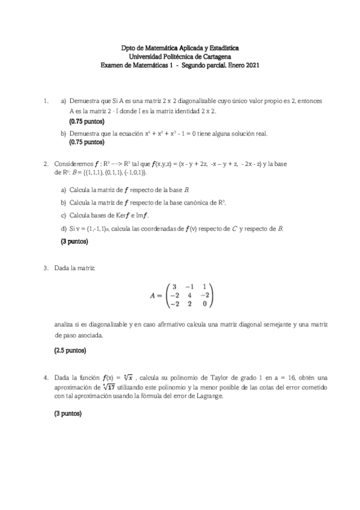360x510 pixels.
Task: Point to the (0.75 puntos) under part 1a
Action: point(87,121)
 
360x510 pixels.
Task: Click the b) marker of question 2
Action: point(63,202)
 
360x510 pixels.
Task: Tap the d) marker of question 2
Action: point(63,229)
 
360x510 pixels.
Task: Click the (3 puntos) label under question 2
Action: point(74,242)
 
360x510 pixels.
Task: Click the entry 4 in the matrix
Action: point(189,295)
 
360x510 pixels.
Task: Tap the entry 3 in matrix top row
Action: point(174,286)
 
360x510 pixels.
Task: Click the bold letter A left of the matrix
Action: point(153,295)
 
